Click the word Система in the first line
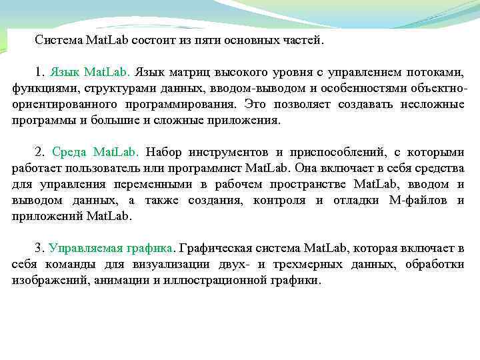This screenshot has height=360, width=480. point(58,41)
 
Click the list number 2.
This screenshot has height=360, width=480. point(39,153)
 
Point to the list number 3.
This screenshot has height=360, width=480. point(39,249)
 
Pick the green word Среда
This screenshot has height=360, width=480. point(69,153)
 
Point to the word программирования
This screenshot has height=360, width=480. point(179,105)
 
